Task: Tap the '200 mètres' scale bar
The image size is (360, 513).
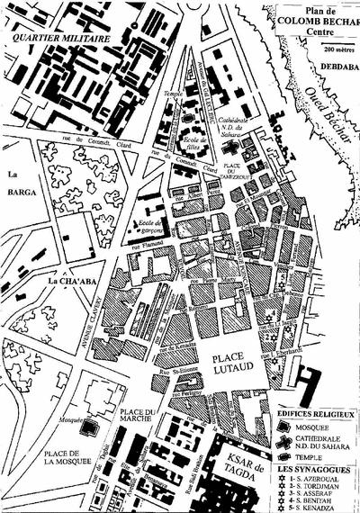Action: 332,50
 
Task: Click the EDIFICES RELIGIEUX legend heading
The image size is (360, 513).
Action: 316,413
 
